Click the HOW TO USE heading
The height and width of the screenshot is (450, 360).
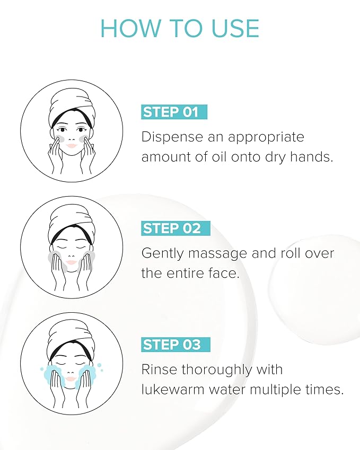[x=180, y=29]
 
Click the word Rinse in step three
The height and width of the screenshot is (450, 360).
[x=159, y=369]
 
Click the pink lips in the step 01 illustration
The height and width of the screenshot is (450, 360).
[x=72, y=145]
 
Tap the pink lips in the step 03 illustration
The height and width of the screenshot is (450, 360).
[x=72, y=379]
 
